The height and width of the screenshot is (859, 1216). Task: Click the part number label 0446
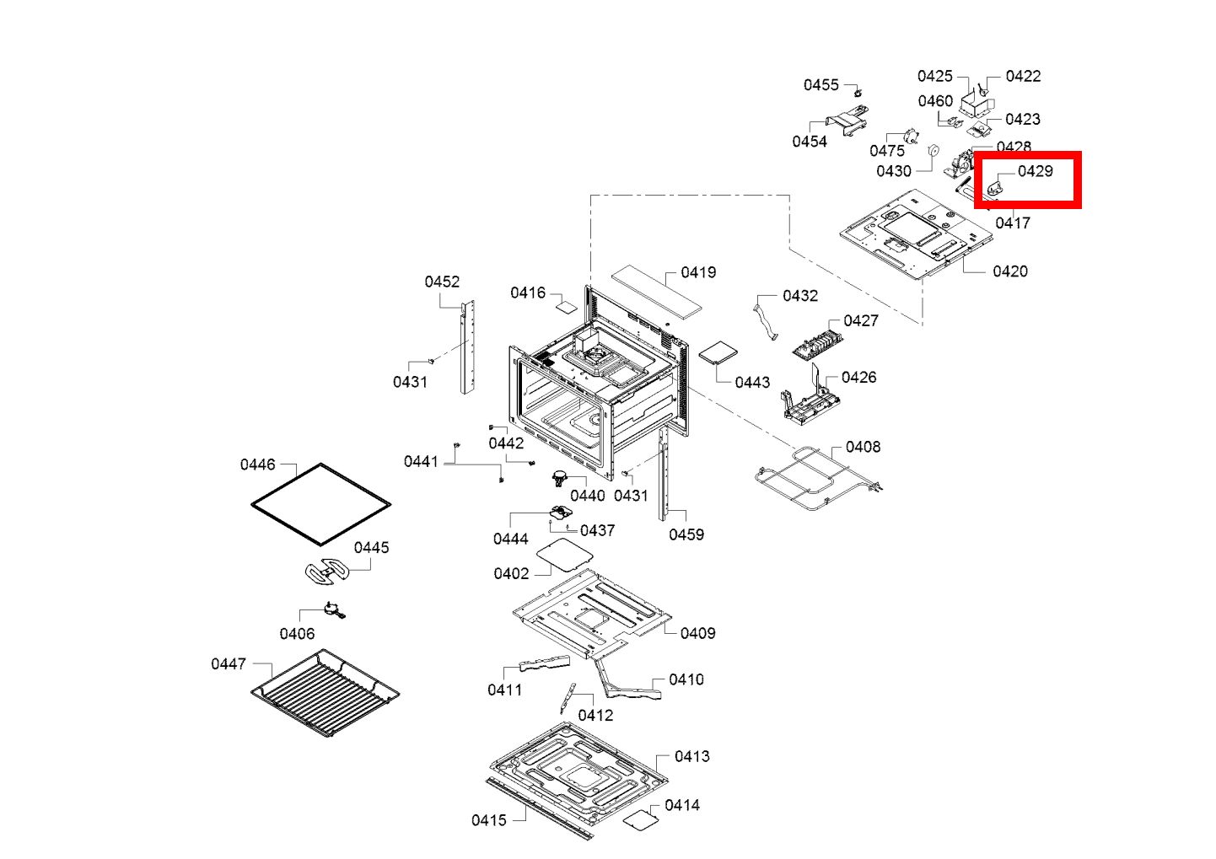[x=257, y=464]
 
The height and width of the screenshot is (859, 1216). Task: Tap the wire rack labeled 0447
[x=326, y=692]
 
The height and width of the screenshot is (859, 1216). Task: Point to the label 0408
[x=863, y=447]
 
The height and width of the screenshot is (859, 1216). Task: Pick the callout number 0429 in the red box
[x=1036, y=171]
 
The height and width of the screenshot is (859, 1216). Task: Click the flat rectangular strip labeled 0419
[x=656, y=293]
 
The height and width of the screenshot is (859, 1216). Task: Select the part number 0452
[x=442, y=282]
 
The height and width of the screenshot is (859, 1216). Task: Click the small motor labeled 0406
[x=333, y=610]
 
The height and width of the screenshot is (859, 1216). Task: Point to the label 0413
[x=691, y=756]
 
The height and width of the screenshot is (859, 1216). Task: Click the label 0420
[x=1009, y=271]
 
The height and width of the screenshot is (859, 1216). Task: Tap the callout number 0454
[x=810, y=142]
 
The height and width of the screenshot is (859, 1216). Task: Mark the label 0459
[x=686, y=534]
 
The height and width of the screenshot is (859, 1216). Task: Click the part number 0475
[x=887, y=151]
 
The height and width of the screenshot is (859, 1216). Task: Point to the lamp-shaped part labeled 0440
[x=559, y=479]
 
